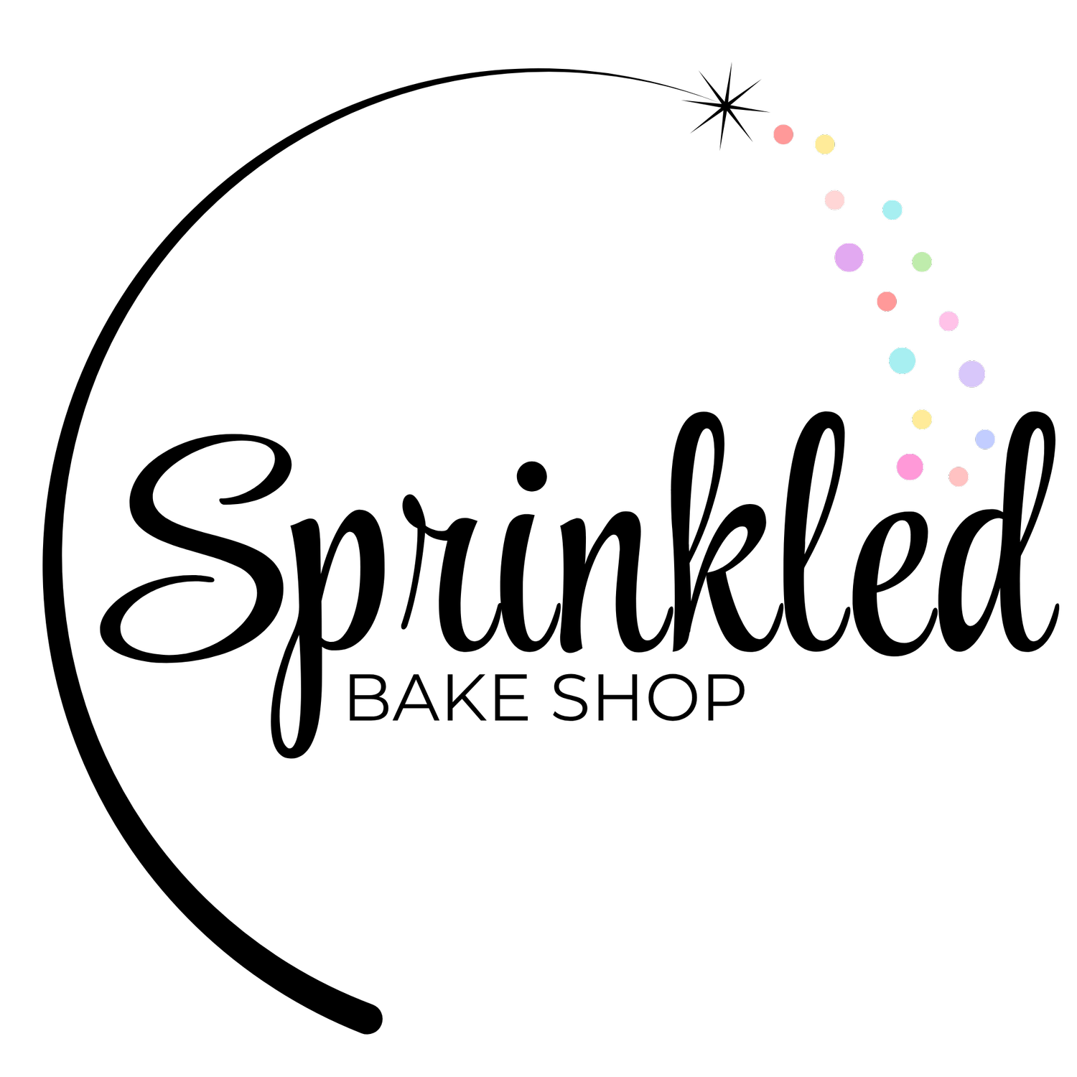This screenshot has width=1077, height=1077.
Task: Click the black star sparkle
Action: [725, 107]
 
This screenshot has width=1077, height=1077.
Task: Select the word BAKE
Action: [438, 697]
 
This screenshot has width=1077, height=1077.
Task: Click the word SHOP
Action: [648, 697]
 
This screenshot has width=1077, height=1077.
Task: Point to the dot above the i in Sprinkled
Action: [532, 475]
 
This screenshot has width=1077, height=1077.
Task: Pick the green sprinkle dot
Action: [922, 262]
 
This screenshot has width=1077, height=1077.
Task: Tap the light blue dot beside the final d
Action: [985, 439]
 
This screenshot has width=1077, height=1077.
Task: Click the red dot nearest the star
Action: [783, 134]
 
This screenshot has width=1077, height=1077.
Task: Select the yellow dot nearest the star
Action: [825, 144]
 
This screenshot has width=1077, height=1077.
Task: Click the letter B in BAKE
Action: [368, 697]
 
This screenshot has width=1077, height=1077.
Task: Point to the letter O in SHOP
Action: [673, 697]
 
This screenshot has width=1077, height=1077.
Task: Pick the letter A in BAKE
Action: [416, 697]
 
